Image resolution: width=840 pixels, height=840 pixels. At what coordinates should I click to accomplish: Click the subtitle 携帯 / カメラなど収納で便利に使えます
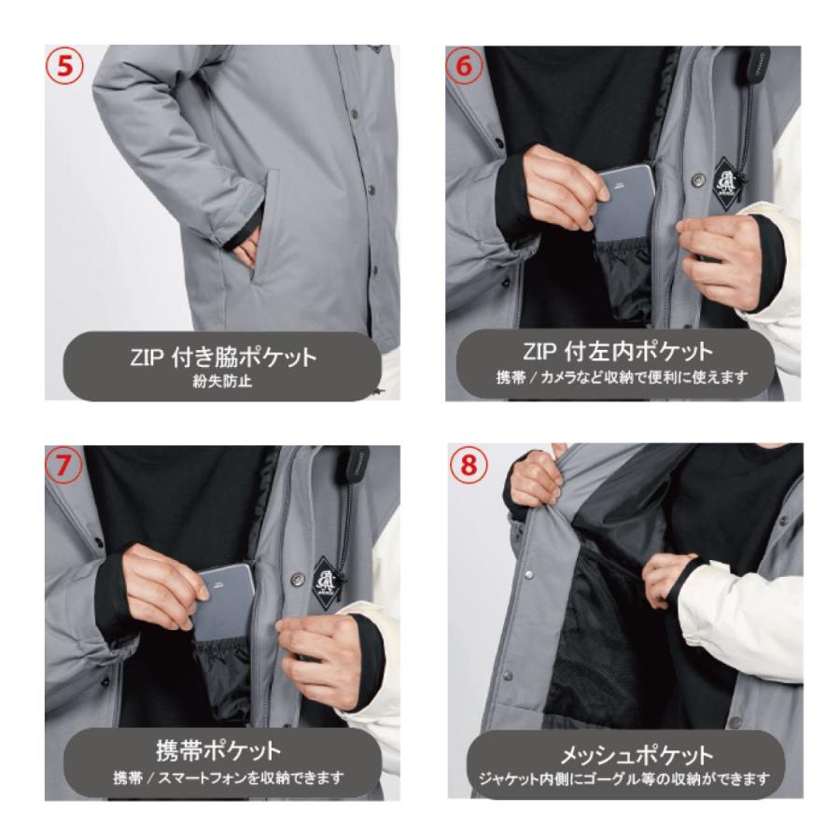pos(623,380)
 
